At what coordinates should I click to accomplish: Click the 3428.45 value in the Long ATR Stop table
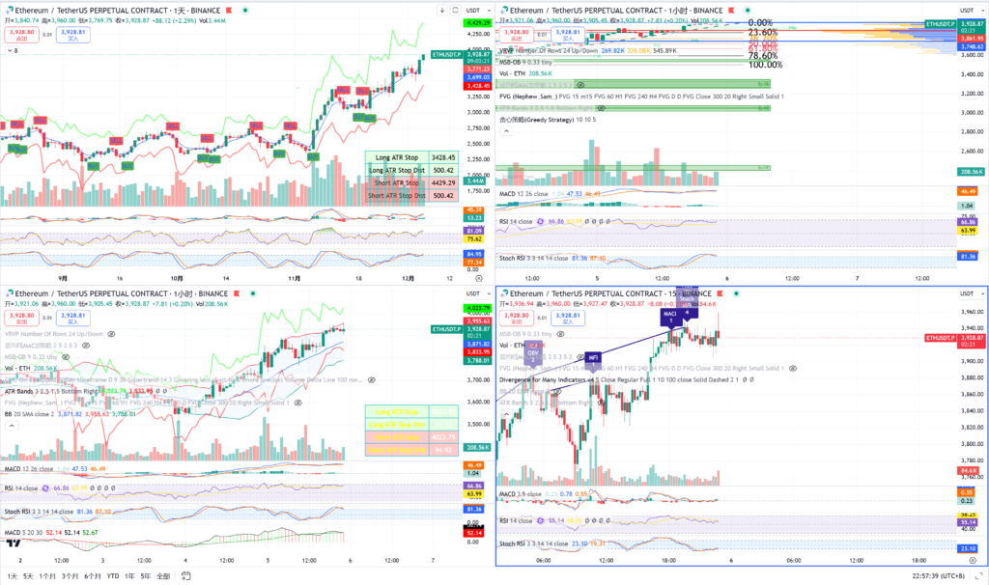pyautogui.click(x=443, y=156)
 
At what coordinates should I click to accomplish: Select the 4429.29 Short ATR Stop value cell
pyautogui.click(x=443, y=182)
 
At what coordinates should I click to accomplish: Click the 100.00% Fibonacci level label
pyautogui.click(x=766, y=65)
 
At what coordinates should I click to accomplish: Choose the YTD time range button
pyautogui.click(x=113, y=576)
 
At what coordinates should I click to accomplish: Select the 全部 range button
pyautogui.click(x=162, y=576)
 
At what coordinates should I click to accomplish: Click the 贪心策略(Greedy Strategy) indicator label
pyautogui.click(x=548, y=120)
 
